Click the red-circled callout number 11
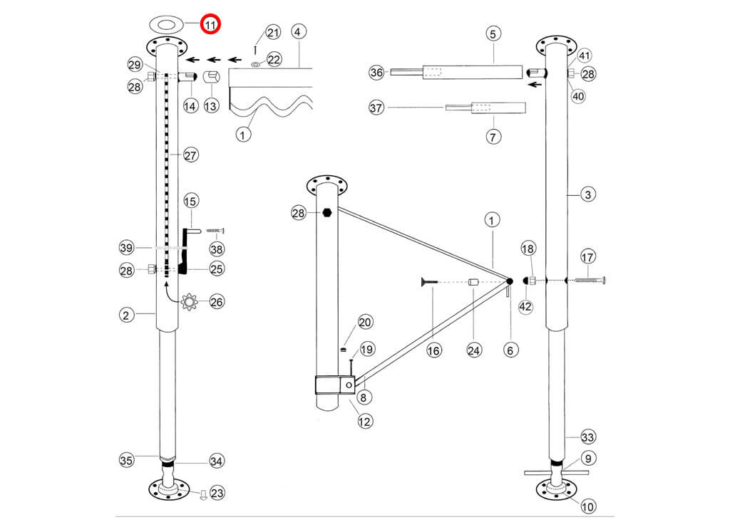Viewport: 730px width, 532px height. (x=210, y=25)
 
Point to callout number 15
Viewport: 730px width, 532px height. (x=191, y=202)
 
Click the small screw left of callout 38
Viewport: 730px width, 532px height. (x=215, y=231)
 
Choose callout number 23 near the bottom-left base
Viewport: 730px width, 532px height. (x=217, y=492)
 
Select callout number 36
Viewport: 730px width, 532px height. (x=377, y=72)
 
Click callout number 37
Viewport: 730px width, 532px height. (x=377, y=108)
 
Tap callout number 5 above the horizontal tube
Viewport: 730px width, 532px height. (x=494, y=33)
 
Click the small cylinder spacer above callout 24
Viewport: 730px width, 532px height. (x=472, y=282)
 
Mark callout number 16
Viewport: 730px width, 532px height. (x=434, y=350)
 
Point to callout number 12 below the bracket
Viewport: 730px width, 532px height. (x=365, y=422)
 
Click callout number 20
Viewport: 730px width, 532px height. (x=365, y=323)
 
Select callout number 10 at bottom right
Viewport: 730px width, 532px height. (x=588, y=507)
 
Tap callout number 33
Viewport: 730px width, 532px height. (x=588, y=437)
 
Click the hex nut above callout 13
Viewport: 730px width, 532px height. (x=211, y=77)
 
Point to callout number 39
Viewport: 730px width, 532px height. (x=127, y=247)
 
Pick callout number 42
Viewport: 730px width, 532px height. (x=525, y=306)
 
